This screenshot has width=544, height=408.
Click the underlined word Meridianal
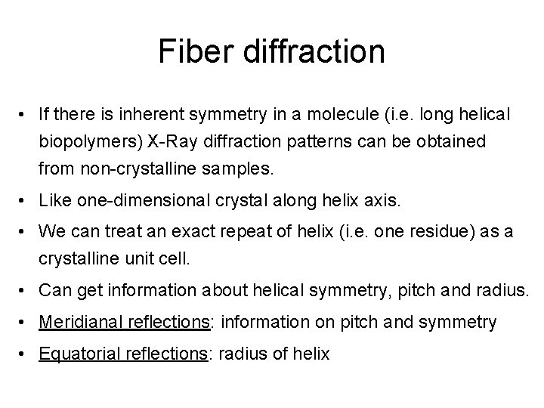coord(84,323)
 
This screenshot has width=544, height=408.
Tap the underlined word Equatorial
coord(83,354)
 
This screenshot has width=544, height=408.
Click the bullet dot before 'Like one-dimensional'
coord(26,202)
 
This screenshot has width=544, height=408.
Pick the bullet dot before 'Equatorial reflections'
coord(26,354)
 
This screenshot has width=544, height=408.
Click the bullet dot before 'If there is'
coord(26,116)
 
